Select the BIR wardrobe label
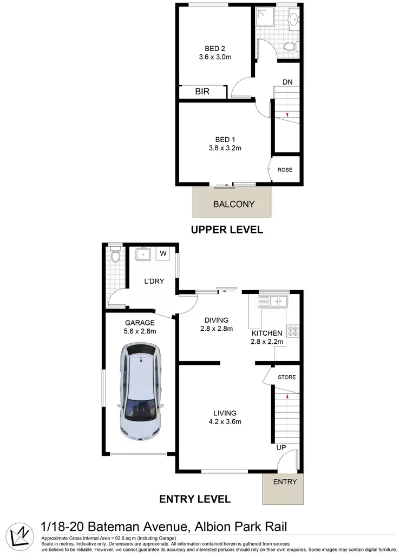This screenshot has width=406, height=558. coord(202,92)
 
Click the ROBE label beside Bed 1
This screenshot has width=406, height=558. coord(285,170)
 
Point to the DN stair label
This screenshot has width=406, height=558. coord(287,82)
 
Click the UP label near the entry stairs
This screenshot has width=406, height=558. coord(280,447)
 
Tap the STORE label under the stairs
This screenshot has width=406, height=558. coord(286,377)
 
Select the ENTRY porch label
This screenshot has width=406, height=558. coord(285,482)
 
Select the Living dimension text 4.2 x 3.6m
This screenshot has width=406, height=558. coord(224,421)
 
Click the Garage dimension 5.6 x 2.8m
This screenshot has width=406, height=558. coord(141,331)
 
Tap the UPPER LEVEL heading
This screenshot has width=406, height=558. coord(227,230)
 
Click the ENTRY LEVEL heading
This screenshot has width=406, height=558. coord(195,499)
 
